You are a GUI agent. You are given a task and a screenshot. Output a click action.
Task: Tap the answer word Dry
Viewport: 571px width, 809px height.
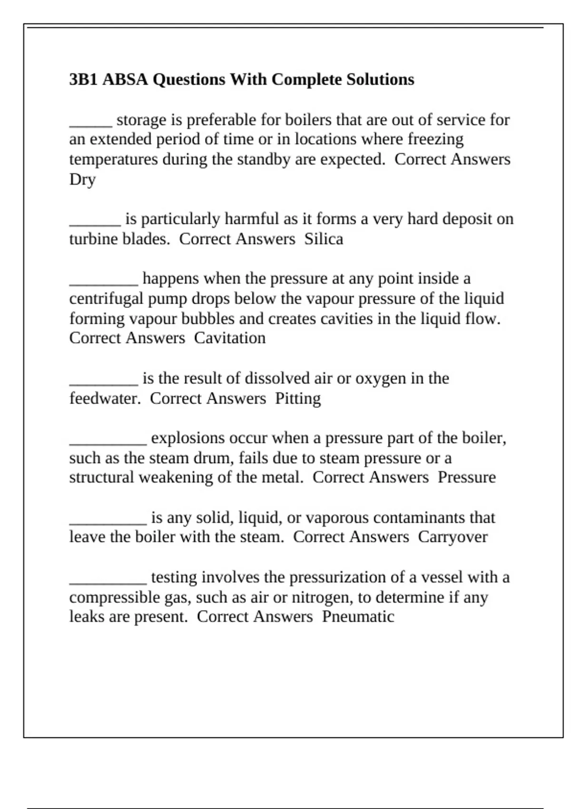[x=82, y=179]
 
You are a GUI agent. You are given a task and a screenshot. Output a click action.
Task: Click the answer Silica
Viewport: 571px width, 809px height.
[x=324, y=238]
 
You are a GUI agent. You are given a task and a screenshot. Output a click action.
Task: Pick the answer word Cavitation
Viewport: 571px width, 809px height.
[x=230, y=338]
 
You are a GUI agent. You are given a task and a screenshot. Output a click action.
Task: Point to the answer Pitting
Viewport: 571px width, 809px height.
[x=298, y=398]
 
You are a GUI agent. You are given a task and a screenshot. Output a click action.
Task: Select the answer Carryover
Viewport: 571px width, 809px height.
[x=453, y=537]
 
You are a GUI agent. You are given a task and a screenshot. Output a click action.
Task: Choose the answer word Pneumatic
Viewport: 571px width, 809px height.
[x=358, y=616]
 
